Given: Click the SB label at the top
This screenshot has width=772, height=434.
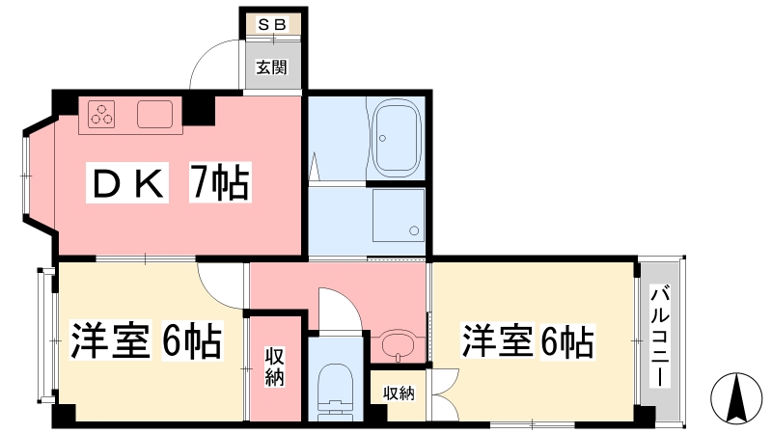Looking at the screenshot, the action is (x=272, y=25).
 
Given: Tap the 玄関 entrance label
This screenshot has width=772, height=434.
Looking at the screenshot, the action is (x=271, y=67).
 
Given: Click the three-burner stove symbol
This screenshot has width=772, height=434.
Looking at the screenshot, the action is (x=101, y=114).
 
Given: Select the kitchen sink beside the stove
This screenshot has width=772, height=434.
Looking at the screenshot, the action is (x=154, y=114).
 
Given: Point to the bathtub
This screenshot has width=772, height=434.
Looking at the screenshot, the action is (x=397, y=138).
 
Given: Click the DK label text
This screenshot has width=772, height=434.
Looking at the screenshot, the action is (x=127, y=182).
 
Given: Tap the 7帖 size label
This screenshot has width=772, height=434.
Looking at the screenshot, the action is (x=220, y=182).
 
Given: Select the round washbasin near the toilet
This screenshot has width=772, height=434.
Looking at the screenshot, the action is (x=399, y=346).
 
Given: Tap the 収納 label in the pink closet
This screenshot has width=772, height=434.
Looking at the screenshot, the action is (x=274, y=366).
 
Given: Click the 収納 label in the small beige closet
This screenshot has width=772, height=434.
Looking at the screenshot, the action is (x=399, y=393).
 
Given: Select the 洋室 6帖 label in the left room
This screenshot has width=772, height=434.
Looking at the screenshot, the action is (x=147, y=340).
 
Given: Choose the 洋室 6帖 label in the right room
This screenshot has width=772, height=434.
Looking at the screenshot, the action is (x=528, y=340).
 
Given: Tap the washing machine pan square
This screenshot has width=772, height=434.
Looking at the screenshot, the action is (x=399, y=215).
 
